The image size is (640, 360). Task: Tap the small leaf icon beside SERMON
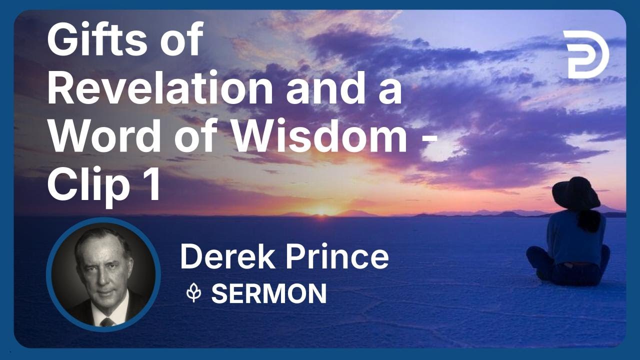coord(194,293)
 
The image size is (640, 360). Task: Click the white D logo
coord(585,54)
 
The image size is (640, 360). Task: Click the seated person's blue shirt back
coord(575,237)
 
